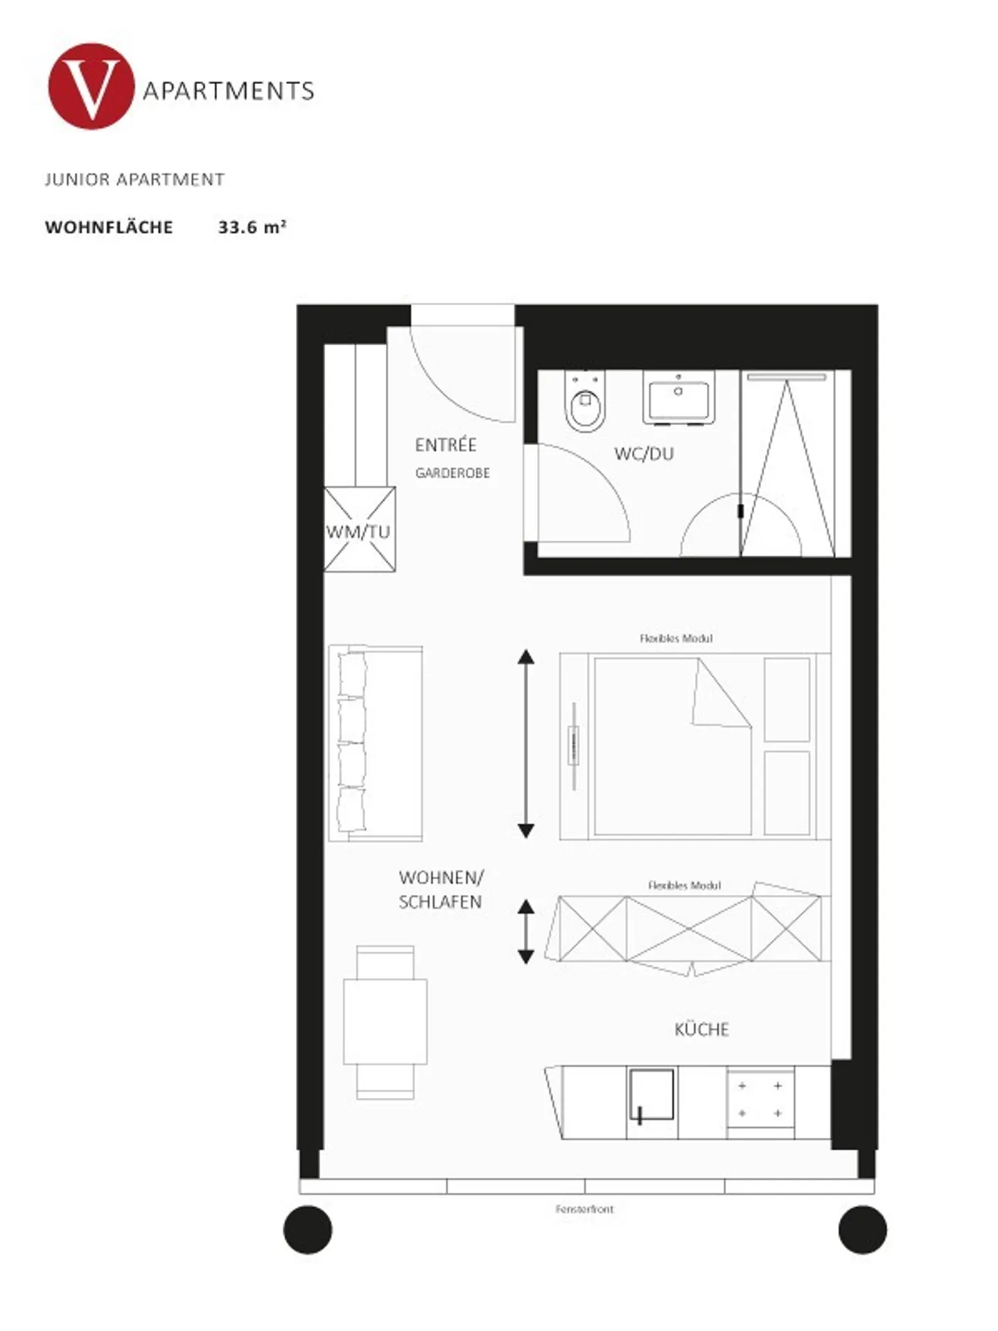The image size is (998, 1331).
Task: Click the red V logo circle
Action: pos(91,87)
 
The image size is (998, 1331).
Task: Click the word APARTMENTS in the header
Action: pos(228,91)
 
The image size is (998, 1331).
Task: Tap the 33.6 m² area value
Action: pos(252,227)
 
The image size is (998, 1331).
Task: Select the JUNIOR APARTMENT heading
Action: pos(134,180)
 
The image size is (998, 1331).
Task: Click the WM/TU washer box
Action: pos(359,530)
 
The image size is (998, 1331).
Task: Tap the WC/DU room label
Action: pos(643,454)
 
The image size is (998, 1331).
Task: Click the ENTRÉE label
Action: pos(446,445)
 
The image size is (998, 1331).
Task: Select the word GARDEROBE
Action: pos(453,473)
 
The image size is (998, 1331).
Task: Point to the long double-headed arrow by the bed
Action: pos(526,743)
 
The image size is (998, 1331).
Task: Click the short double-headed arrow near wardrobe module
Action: pos(526,932)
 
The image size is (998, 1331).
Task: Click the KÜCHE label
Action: pos(701,1029)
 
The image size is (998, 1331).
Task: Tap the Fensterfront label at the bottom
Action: pos(584,1209)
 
